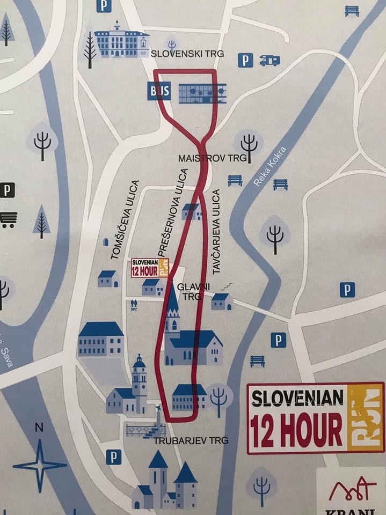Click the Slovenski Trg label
[187, 54]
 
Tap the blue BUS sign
[159, 92]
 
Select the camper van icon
[270, 60]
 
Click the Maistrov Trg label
[212, 158]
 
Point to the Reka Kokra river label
[270, 166]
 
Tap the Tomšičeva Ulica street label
[125, 220]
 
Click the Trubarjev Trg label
[191, 440]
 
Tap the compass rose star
[39, 465]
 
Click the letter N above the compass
[39, 428]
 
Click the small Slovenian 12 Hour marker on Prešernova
[150, 268]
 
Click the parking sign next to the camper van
[245, 60]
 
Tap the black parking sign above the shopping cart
[7, 190]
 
